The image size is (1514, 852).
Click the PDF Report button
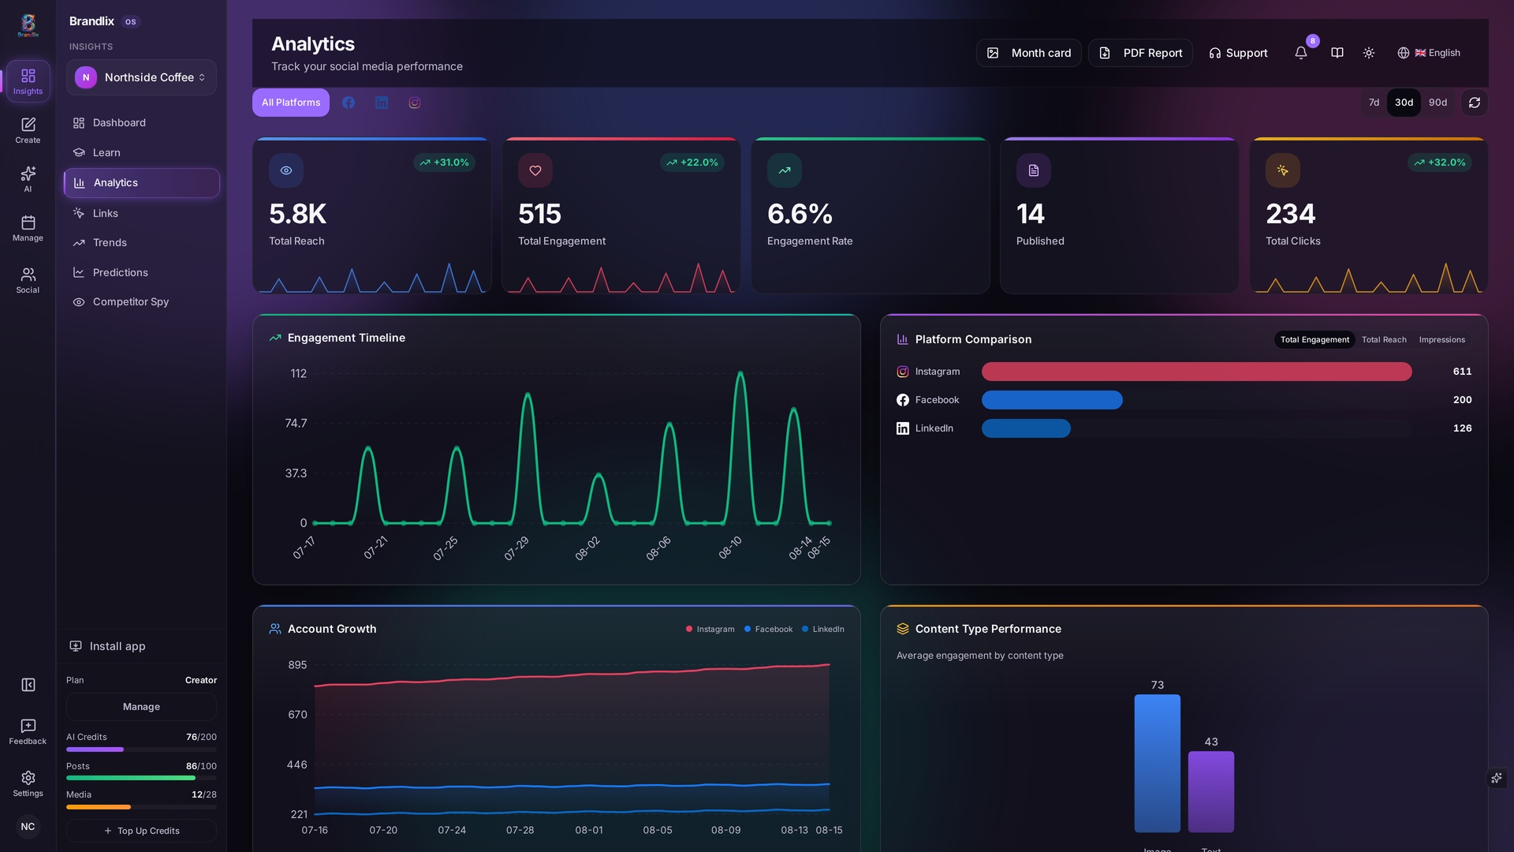tap(1140, 53)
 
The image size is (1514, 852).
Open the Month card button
tap(1028, 53)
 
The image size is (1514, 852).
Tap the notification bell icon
tap(1301, 53)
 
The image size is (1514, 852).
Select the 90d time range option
tap(1438, 103)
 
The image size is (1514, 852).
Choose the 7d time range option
tap(1374, 103)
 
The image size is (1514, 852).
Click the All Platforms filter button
tap(291, 103)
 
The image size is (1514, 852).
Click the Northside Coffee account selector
tap(142, 77)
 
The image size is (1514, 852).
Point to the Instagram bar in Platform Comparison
tap(1196, 372)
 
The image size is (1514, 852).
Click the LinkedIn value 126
tap(1462, 428)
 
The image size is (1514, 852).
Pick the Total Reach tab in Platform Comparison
tap(1384, 340)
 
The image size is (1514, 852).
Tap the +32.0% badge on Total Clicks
tap(1440, 163)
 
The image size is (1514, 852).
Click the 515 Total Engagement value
tap(539, 214)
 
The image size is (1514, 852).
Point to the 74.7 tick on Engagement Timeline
tap(296, 424)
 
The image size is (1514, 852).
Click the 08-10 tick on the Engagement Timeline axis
tap(730, 547)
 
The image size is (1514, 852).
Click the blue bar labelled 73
tap(1158, 763)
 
